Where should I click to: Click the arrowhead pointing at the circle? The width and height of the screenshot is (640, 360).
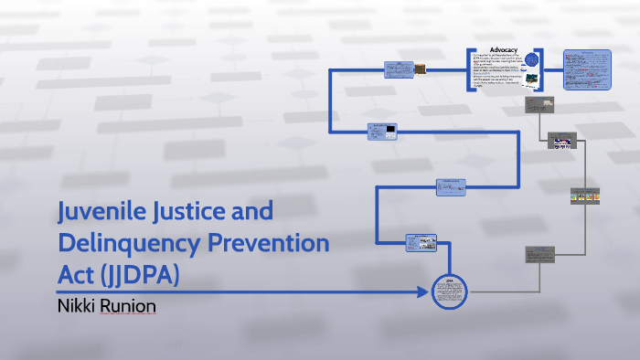424,292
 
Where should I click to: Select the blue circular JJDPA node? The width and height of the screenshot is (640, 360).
449,291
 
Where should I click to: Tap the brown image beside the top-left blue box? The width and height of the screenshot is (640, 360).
419,68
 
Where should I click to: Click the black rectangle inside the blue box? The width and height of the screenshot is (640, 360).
391,129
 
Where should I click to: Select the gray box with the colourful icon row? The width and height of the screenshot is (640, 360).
584,196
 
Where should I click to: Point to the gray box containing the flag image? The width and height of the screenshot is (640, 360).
562,143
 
